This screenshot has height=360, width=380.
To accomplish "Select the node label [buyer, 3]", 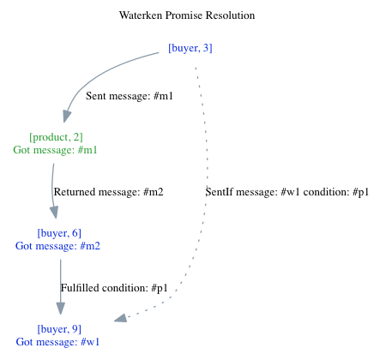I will (190, 48).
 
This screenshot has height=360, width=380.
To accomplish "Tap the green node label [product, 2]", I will (56, 136).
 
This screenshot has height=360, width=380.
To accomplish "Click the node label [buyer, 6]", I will (59, 232).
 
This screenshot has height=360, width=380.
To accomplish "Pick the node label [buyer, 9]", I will (59, 328).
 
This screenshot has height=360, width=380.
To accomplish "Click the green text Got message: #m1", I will (56, 150).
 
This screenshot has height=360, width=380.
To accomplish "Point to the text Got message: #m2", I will (59, 246).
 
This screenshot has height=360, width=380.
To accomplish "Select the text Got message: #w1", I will (59, 342).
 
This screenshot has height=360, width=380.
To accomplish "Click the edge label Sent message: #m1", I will (130, 96).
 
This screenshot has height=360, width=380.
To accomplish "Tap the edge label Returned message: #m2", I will (108, 192).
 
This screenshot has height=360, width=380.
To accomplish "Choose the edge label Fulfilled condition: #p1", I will (114, 288).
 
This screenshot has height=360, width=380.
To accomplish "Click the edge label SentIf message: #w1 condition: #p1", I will (287, 192).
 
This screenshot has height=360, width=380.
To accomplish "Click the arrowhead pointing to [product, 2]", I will (67, 117).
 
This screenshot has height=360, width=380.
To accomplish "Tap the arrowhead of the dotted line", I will (121, 318).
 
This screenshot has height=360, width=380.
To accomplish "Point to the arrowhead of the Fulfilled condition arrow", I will (59, 310).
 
